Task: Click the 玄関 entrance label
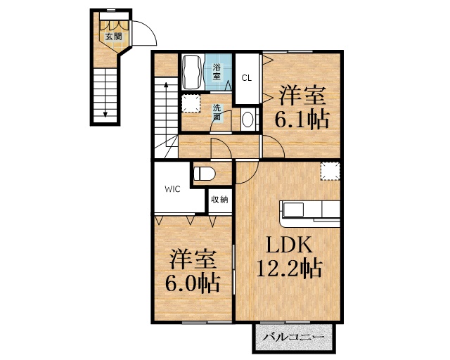(114, 37)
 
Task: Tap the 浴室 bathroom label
(217, 72)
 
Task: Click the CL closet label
(247, 78)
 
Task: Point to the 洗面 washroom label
(217, 112)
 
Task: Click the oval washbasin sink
(247, 120)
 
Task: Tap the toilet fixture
(204, 174)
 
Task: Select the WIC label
(172, 189)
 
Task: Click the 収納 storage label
(219, 199)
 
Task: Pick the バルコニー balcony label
(293, 337)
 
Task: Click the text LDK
(289, 245)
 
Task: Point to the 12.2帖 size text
(289, 268)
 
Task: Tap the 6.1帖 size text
(302, 119)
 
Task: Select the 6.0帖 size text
(193, 283)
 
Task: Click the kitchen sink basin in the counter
(293, 210)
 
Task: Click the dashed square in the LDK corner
(330, 172)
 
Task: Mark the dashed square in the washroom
(191, 103)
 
